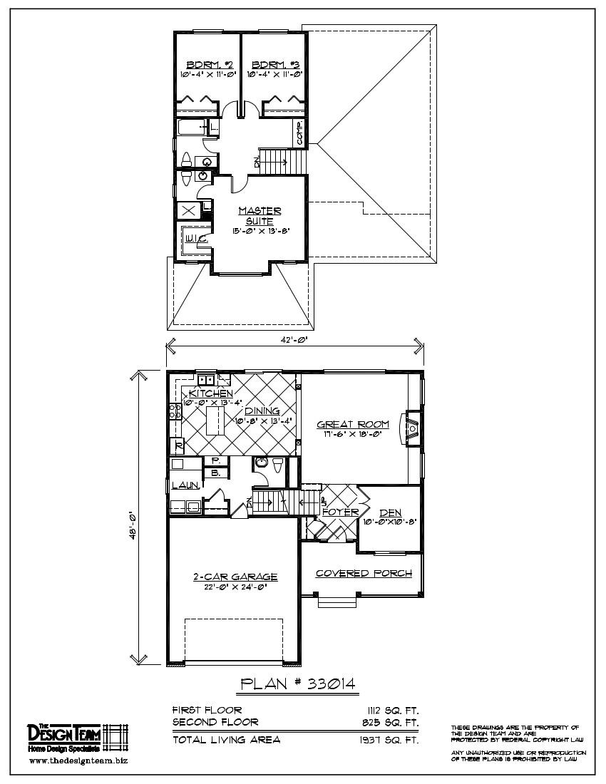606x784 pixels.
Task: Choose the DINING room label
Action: pos(262,411)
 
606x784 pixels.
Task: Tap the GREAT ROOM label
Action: pos(354,425)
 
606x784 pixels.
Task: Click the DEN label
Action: pos(390,512)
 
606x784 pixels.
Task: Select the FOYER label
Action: pos(340,512)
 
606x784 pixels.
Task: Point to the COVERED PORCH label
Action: pos(364,573)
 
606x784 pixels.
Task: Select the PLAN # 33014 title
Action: pos(299,684)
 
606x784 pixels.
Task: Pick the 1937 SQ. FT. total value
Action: pos(389,740)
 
